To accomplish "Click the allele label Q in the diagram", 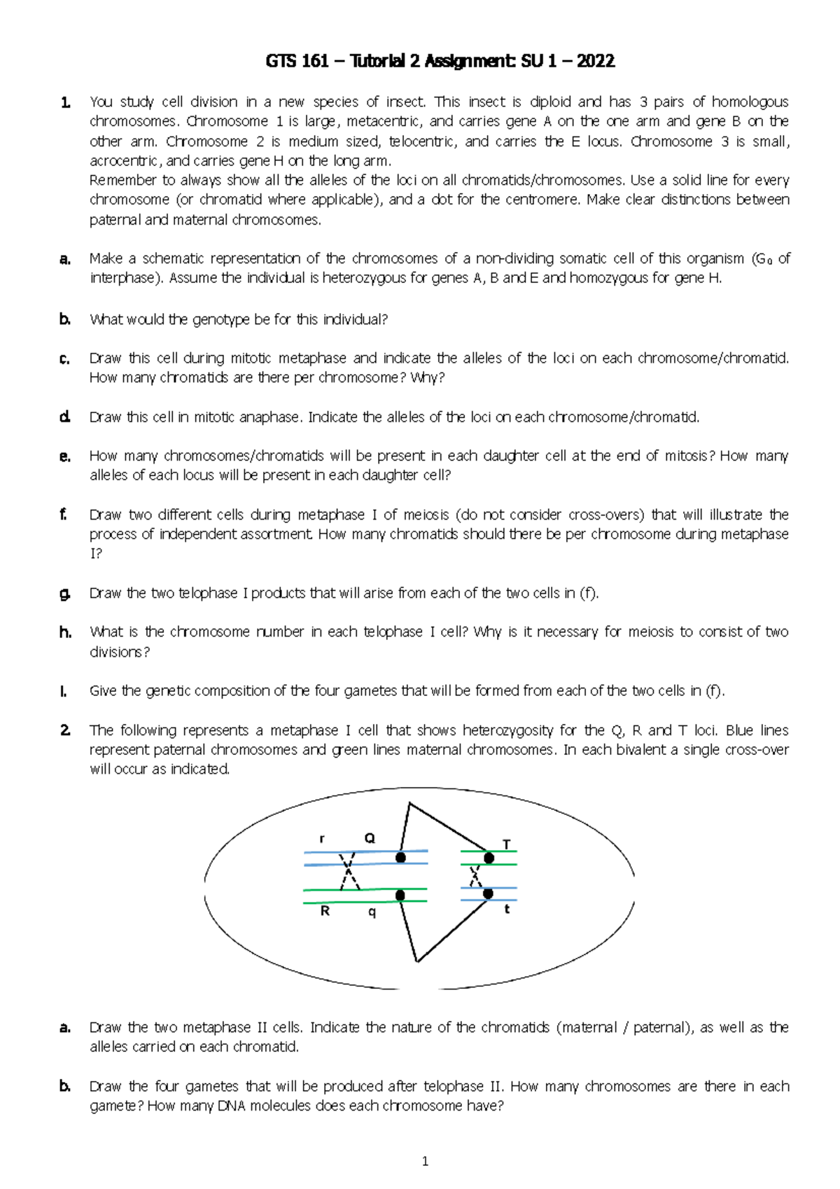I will tap(370, 837).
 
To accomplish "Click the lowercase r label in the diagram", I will tap(322, 838).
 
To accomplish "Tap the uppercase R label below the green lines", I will tap(325, 911).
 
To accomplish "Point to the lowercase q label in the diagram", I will tap(372, 912).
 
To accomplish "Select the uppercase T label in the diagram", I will tap(507, 844).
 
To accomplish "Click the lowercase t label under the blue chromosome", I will tap(507, 909).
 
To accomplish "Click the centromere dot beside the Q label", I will tap(400, 858).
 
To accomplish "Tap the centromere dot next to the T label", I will tap(489, 858).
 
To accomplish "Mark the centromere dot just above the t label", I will tap(488, 894).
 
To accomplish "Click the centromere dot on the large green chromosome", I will tap(400, 895).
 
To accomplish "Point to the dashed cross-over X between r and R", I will tap(348, 872).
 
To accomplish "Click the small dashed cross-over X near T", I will tap(476, 875).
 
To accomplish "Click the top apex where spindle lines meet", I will tap(409, 804).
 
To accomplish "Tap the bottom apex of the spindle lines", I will tap(416, 961).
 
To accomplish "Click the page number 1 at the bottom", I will tap(425, 1162).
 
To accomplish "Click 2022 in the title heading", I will tap(596, 62).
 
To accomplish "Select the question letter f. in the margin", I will tap(64, 515).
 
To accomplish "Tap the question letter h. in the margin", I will tap(65, 632).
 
